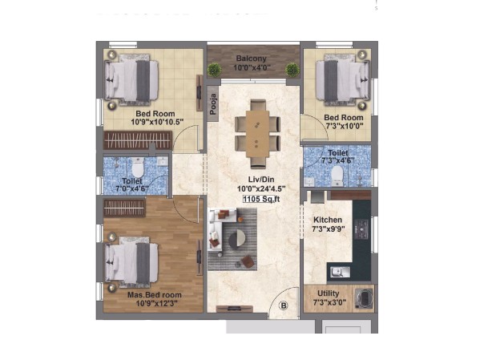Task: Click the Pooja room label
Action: click(x=213, y=104)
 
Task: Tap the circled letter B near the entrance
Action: click(x=284, y=305)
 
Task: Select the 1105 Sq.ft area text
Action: click(x=261, y=199)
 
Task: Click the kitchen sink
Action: click(x=340, y=272)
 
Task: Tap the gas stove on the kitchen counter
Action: click(x=362, y=229)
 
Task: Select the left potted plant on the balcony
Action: click(x=214, y=70)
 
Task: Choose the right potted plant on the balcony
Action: click(x=292, y=70)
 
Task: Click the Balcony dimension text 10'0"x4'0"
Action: click(x=252, y=67)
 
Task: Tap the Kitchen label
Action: click(x=328, y=220)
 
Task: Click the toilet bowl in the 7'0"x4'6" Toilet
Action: click(x=138, y=168)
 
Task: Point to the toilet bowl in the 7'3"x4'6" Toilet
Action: click(x=337, y=176)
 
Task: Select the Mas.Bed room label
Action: click(x=155, y=295)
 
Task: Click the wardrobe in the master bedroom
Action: click(x=124, y=208)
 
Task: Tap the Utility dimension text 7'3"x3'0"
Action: click(x=329, y=302)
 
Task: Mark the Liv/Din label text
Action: click(x=261, y=180)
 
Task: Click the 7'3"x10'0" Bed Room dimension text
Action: click(x=344, y=126)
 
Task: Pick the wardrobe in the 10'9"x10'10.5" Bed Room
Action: click(x=138, y=140)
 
